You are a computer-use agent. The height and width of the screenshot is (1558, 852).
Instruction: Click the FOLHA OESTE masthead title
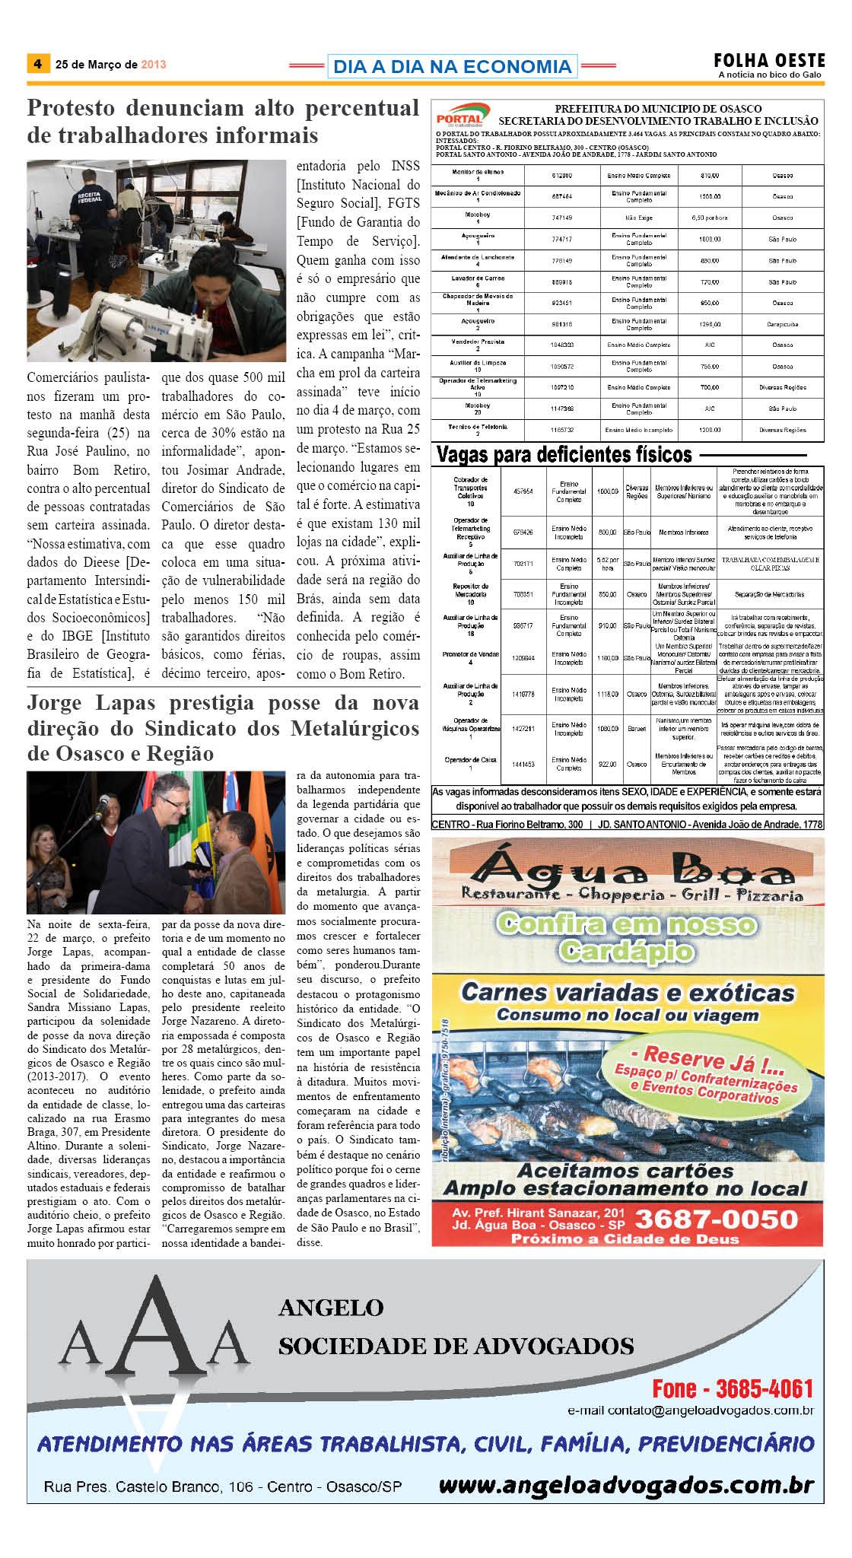pos(769,60)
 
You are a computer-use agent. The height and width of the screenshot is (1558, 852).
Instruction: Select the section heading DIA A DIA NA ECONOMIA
pos(452,67)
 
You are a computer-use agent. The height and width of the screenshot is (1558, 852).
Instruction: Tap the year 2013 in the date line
pos(153,65)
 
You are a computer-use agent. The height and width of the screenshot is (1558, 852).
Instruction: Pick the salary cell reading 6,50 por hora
pos(709,218)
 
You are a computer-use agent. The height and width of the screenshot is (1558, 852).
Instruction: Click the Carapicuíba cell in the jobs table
pos(782,324)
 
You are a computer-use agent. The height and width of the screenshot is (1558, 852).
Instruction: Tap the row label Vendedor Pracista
pos(478,342)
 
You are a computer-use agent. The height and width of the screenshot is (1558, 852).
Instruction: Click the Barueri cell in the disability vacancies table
pos(637,729)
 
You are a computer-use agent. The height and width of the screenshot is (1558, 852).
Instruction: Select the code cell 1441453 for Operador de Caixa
pos(523,764)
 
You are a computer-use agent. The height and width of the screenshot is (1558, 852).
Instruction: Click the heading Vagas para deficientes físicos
pos(564,455)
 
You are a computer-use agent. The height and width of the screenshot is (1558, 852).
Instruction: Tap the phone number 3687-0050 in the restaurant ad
pos(716,1219)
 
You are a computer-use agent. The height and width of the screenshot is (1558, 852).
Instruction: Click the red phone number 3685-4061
pos(733,1388)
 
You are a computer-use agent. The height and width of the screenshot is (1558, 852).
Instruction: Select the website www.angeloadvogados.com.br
pos(626,1484)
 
